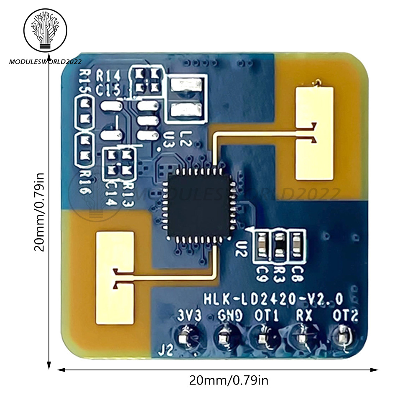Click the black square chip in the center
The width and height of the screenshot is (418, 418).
click(199, 206)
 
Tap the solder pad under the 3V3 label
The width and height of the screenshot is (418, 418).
click(184, 337)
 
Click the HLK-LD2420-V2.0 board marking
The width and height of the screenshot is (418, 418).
click(273, 299)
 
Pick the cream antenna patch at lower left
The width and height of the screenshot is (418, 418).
click(115, 278)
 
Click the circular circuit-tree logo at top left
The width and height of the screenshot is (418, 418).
click(45, 31)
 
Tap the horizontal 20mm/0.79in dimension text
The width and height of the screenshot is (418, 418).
click(229, 381)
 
